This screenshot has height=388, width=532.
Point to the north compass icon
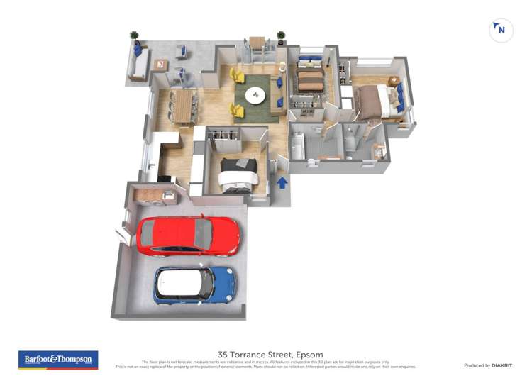click(501, 31)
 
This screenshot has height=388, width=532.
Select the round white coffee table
click(255, 95)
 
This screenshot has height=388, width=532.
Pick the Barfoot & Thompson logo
click(58, 360)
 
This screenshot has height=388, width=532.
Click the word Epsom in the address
click(309, 355)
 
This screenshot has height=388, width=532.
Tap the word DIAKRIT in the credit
click(503, 365)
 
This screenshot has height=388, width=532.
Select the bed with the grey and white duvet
click(237, 174)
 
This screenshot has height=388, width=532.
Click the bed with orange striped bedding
click(309, 80)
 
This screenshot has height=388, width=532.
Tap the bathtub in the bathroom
click(298, 148)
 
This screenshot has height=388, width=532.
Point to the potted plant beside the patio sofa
click(134, 36)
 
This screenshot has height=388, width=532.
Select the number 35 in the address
click(224, 355)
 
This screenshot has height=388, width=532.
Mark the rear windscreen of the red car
click(203, 234)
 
